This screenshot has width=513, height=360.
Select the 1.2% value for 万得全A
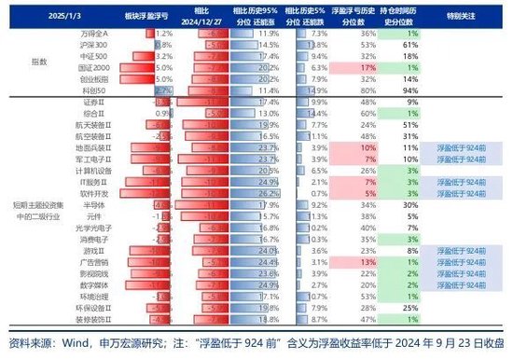(151, 32)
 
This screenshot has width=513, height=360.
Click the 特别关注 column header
(464, 15)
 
